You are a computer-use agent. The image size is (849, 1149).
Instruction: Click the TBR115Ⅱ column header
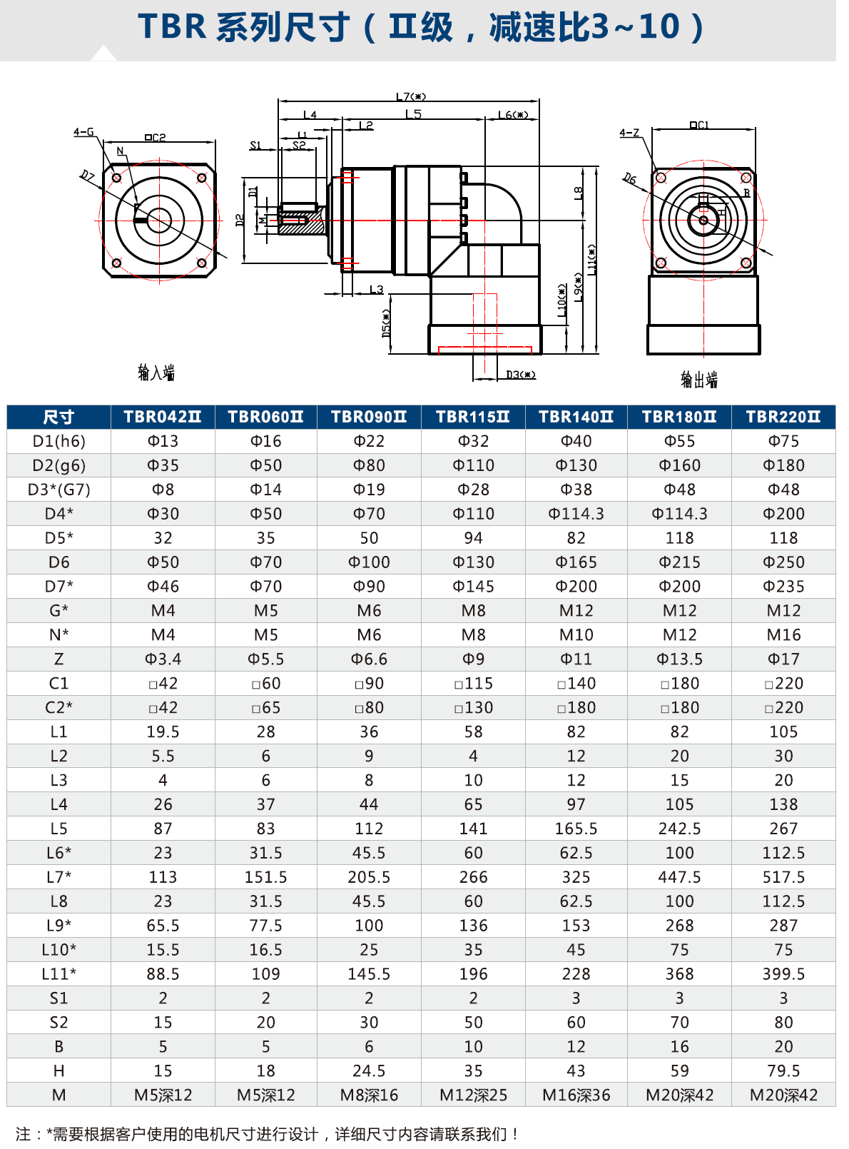click(x=473, y=417)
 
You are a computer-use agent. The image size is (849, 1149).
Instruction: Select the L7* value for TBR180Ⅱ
click(x=679, y=877)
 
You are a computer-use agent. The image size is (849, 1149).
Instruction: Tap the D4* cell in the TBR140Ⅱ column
click(x=576, y=514)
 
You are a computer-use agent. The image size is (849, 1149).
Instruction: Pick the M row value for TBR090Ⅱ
click(x=369, y=1095)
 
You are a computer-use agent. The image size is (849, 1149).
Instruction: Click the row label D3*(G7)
click(x=59, y=490)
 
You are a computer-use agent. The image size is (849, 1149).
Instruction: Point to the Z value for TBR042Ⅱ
click(x=163, y=659)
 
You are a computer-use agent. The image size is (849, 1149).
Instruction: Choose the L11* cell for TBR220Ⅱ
click(x=783, y=974)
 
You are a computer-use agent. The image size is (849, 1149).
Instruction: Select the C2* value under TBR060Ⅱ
click(x=265, y=707)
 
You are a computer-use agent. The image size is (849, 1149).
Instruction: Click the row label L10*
click(x=59, y=950)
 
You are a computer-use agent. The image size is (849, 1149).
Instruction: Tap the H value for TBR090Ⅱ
click(x=369, y=1070)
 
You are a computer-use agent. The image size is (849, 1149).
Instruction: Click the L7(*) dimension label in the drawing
click(x=411, y=96)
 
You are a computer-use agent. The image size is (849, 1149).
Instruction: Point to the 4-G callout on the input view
click(x=83, y=132)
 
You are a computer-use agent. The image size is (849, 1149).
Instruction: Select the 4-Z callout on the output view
click(x=629, y=133)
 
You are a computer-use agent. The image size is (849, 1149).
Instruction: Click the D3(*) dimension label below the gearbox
click(x=520, y=375)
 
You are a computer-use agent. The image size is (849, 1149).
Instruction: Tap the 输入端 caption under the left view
click(x=156, y=373)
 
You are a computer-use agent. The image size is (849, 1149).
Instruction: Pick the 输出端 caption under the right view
click(x=699, y=380)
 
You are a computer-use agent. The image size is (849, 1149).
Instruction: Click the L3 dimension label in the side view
click(x=377, y=290)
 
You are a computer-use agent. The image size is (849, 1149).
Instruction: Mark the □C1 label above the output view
click(x=699, y=126)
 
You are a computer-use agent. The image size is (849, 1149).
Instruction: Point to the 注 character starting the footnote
click(x=23, y=1134)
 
